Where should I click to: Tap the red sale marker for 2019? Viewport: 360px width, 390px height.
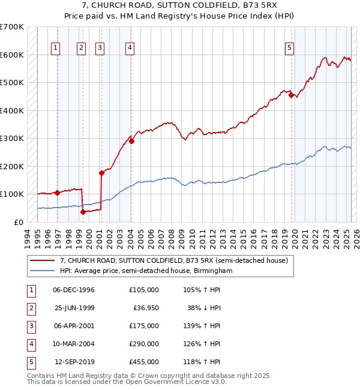(x=291, y=95)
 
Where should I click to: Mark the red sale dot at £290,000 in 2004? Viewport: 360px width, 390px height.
(x=131, y=141)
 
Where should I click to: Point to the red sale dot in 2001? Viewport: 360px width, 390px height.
(x=101, y=173)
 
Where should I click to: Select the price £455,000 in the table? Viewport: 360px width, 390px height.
(x=144, y=362)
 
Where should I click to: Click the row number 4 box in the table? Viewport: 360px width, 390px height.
(x=30, y=344)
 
